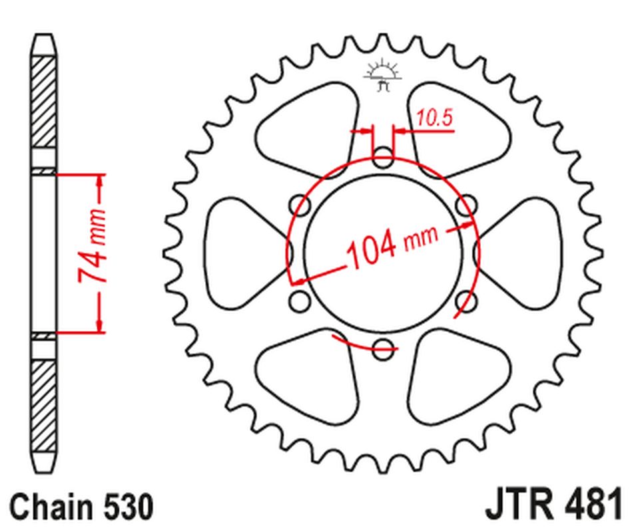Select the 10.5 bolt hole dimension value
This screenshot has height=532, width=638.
[435, 118]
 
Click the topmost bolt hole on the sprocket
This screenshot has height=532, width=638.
[383, 159]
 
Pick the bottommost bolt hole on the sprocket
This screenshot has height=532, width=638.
[383, 346]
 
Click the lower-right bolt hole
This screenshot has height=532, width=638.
[466, 301]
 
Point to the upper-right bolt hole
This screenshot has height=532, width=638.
[466, 204]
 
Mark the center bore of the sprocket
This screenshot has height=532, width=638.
[383, 253]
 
